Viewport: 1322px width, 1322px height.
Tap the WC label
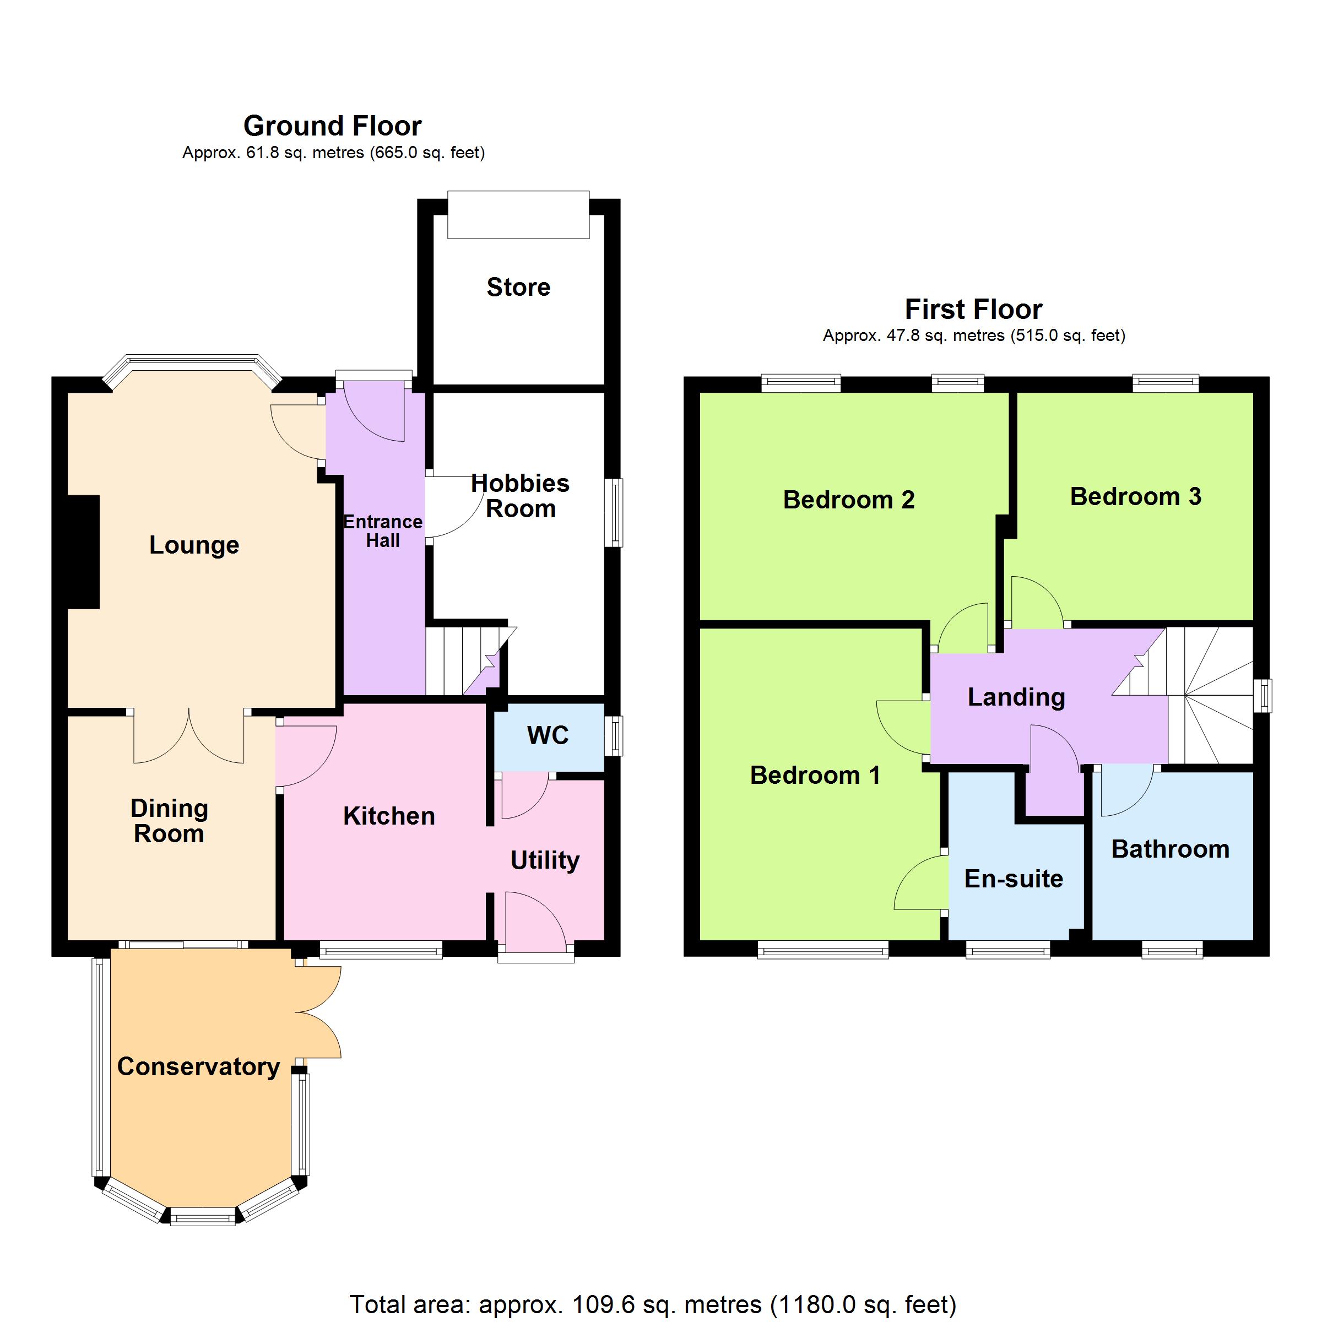[548, 735]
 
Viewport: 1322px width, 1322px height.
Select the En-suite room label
[1014, 879]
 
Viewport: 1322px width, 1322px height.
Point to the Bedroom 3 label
[1135, 496]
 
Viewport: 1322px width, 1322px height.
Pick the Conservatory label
[198, 1067]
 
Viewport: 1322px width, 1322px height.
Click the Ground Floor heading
[333, 126]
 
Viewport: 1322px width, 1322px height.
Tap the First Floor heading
[974, 309]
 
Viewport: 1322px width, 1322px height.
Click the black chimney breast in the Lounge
[84, 551]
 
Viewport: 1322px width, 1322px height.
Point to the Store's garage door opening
[519, 215]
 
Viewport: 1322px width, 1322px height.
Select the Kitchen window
[381, 949]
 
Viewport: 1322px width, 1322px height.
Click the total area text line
[653, 1304]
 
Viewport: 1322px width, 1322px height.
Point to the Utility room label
[545, 860]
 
